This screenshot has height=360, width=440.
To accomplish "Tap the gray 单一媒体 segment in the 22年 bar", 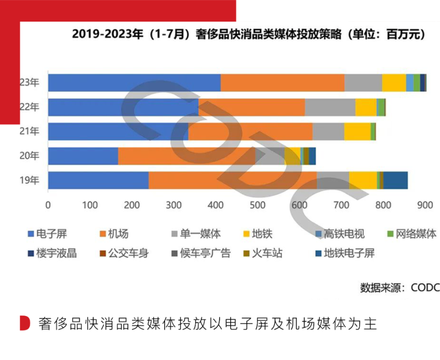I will point(330,107).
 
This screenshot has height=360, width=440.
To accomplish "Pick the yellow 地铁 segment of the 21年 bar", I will point(357,131).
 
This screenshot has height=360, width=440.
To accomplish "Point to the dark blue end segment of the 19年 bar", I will point(396,180).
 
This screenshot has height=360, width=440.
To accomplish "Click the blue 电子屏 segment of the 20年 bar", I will point(83,156).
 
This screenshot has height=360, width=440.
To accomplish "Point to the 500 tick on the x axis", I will point(258,206).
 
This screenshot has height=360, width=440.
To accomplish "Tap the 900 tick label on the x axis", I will point(425,206).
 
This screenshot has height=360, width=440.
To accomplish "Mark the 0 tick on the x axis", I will point(48,206).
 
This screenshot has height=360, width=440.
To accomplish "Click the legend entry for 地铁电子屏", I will point(344,253).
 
